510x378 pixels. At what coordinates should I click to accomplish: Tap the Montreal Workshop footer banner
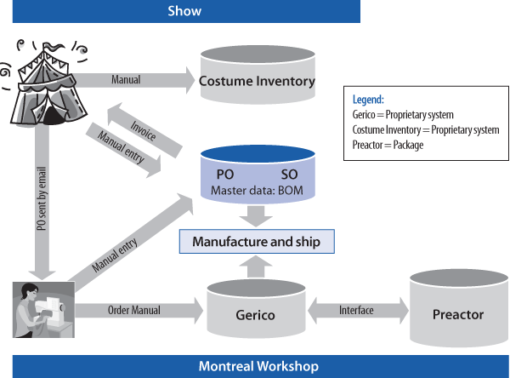259,367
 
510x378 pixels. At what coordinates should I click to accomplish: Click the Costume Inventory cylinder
257,82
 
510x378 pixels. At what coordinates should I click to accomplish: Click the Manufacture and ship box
256,242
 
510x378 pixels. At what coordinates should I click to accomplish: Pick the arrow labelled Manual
136,80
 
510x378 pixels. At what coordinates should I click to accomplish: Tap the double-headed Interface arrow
355,310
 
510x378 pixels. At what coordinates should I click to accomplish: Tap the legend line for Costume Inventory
425,129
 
